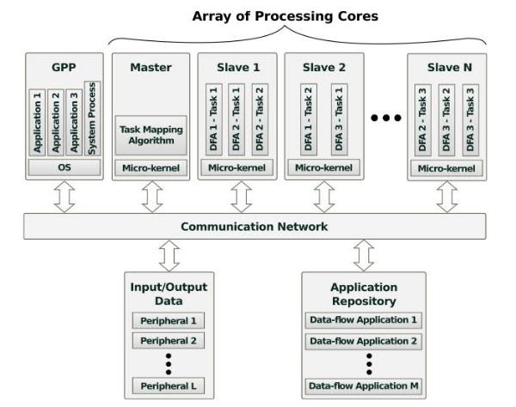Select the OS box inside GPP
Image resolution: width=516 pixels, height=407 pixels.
click(x=64, y=167)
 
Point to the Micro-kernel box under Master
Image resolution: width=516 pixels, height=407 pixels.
click(x=151, y=167)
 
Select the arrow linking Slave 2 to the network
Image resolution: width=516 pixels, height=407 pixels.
click(x=323, y=196)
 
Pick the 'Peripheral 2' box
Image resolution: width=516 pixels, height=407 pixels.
click(x=169, y=341)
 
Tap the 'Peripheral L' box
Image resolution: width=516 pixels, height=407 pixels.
click(x=169, y=386)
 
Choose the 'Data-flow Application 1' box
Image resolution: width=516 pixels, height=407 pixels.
click(x=364, y=320)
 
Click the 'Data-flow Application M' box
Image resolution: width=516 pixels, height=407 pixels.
click(x=364, y=386)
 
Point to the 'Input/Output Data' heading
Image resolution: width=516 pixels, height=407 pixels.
click(x=169, y=293)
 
